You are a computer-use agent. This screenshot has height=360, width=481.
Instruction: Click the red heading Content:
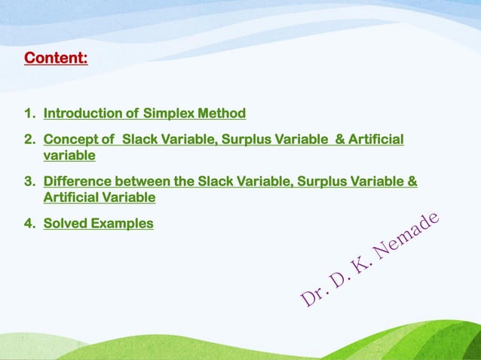click(56, 58)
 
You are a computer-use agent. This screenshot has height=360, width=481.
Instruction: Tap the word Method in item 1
click(221, 114)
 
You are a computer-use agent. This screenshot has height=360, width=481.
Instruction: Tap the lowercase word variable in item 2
click(69, 156)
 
